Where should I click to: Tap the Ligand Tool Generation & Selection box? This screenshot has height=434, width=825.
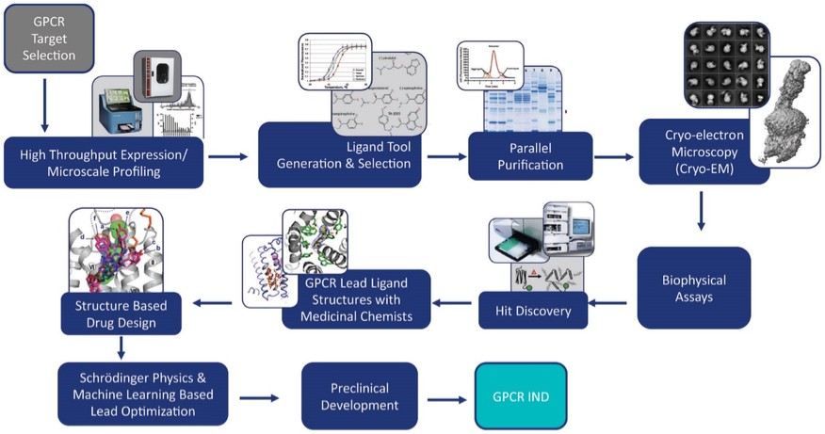pyautogui.click(x=343, y=156)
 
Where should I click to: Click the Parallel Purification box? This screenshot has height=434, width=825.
pyautogui.click(x=529, y=157)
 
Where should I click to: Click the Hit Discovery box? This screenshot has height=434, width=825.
pyautogui.click(x=533, y=312)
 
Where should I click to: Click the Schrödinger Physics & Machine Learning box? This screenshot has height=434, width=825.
pyautogui.click(x=141, y=396)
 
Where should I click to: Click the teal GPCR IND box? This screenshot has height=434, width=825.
pyautogui.click(x=519, y=396)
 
